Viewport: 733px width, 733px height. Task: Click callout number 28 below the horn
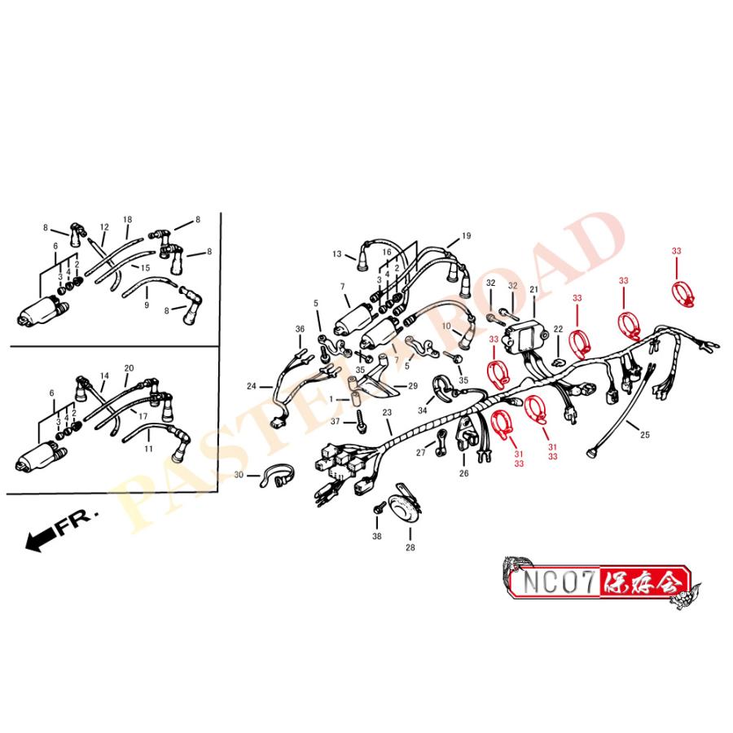coord(410,548)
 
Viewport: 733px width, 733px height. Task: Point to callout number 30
coord(239,475)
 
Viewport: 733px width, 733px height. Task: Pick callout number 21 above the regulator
coord(534,290)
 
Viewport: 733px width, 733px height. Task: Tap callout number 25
coord(645,435)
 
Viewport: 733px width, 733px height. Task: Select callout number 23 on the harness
coord(387,414)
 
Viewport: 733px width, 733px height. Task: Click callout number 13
coord(337,255)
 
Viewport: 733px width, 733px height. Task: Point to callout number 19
coord(466,236)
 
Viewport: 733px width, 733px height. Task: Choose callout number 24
coord(252,386)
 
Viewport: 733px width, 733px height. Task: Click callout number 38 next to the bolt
coord(376,537)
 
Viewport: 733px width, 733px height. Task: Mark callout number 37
coord(335,421)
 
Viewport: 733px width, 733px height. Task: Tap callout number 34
coord(422,410)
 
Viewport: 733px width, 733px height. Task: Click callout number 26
coord(463,472)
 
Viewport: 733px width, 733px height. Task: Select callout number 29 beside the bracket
coord(412,385)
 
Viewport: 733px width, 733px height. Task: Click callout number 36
coord(300,328)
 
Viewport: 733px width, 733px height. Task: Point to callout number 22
coord(558,329)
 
